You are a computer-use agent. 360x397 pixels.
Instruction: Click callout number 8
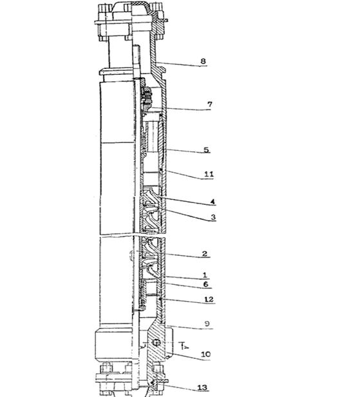(203, 61)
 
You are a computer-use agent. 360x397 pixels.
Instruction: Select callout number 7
(209, 104)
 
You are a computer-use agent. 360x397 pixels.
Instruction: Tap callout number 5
(207, 150)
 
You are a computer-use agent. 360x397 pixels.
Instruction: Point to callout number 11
(209, 174)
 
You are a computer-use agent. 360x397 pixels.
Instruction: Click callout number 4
(213, 202)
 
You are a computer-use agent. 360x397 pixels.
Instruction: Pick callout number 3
(213, 217)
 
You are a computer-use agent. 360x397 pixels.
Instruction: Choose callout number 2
(205, 254)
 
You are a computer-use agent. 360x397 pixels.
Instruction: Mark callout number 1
(205, 275)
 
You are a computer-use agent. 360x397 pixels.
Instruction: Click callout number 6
(205, 284)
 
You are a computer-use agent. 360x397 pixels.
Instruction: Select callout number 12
(209, 300)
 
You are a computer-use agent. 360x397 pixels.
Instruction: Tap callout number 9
(207, 324)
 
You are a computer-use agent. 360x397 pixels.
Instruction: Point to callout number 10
(205, 354)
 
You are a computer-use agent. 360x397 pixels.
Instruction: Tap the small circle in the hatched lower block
(156, 343)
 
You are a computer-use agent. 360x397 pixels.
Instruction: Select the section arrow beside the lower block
(184, 345)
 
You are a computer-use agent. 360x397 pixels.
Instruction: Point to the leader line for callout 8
(181, 64)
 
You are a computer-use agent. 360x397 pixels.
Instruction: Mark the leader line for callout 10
(189, 356)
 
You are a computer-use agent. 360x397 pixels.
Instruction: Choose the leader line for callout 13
(182, 389)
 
